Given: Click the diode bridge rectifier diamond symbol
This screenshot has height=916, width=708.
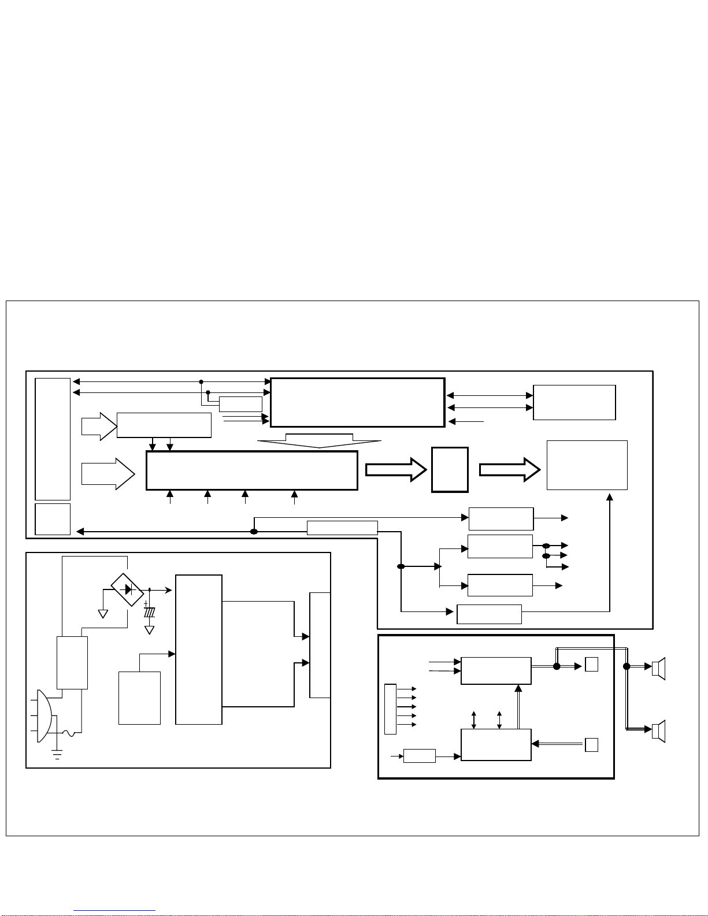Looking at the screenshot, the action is (x=127, y=589).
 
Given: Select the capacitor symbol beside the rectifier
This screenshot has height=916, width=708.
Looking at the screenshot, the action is (x=150, y=611).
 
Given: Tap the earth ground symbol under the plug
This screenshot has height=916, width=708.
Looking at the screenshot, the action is (x=57, y=754).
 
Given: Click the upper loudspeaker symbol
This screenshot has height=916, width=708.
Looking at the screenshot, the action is (x=658, y=669).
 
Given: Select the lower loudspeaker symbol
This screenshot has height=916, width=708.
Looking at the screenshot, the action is (x=658, y=731).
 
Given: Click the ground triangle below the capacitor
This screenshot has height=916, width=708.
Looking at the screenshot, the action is (x=150, y=630).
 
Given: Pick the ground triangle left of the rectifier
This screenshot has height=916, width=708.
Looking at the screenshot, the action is (x=103, y=614).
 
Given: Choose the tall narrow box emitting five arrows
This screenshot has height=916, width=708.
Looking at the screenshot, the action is (x=390, y=709).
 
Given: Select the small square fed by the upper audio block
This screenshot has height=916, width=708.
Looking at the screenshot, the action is (x=591, y=665).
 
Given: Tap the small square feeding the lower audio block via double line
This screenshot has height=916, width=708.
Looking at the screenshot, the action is (x=591, y=745).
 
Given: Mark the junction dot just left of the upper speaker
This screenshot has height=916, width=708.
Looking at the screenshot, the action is (x=627, y=666).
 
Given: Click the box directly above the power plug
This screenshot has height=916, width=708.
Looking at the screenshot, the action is (x=72, y=662).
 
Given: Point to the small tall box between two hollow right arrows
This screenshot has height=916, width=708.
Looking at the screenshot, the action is (x=450, y=469).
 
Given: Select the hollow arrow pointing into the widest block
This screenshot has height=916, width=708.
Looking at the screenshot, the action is (x=108, y=474).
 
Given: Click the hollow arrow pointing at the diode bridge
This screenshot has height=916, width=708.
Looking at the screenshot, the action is (x=99, y=427).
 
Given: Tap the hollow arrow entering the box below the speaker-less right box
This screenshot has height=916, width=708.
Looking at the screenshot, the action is (x=510, y=469).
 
